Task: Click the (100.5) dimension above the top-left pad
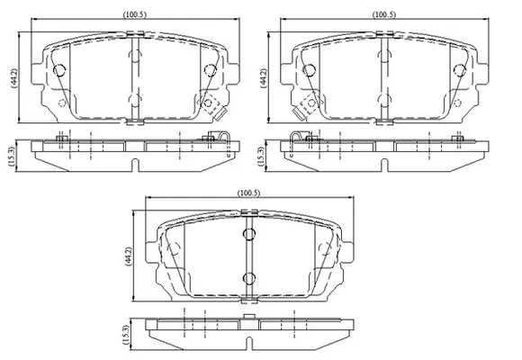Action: [135, 14]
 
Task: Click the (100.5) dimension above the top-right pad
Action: [384, 14]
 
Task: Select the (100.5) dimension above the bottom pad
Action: [248, 193]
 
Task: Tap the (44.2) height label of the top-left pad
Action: [14, 78]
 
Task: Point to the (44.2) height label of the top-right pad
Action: [264, 78]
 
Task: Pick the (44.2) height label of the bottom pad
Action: [128, 256]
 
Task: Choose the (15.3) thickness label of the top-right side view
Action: [262, 156]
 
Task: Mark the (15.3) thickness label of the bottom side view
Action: [127, 335]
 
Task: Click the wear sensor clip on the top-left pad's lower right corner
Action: [220, 114]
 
